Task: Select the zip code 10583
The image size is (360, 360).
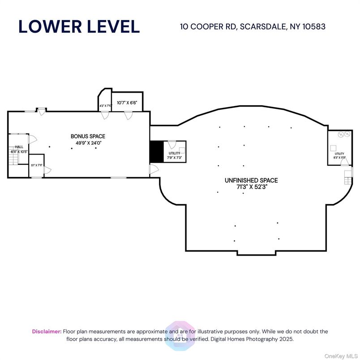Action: click(313, 26)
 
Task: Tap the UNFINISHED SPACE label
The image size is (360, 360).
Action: click(251, 180)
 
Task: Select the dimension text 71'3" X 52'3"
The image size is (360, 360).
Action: click(251, 187)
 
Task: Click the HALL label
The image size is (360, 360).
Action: click(19, 146)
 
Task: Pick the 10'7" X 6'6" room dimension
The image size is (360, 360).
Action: click(127, 103)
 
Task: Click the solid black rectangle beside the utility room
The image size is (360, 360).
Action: click(155, 151)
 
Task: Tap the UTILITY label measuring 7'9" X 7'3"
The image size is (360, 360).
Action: click(174, 154)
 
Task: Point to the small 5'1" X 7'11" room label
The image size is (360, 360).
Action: click(36, 165)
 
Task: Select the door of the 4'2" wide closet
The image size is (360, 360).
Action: click(105, 116)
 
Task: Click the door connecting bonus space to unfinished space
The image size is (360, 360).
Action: click(154, 168)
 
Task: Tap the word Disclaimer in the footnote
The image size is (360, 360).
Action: click(46, 331)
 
